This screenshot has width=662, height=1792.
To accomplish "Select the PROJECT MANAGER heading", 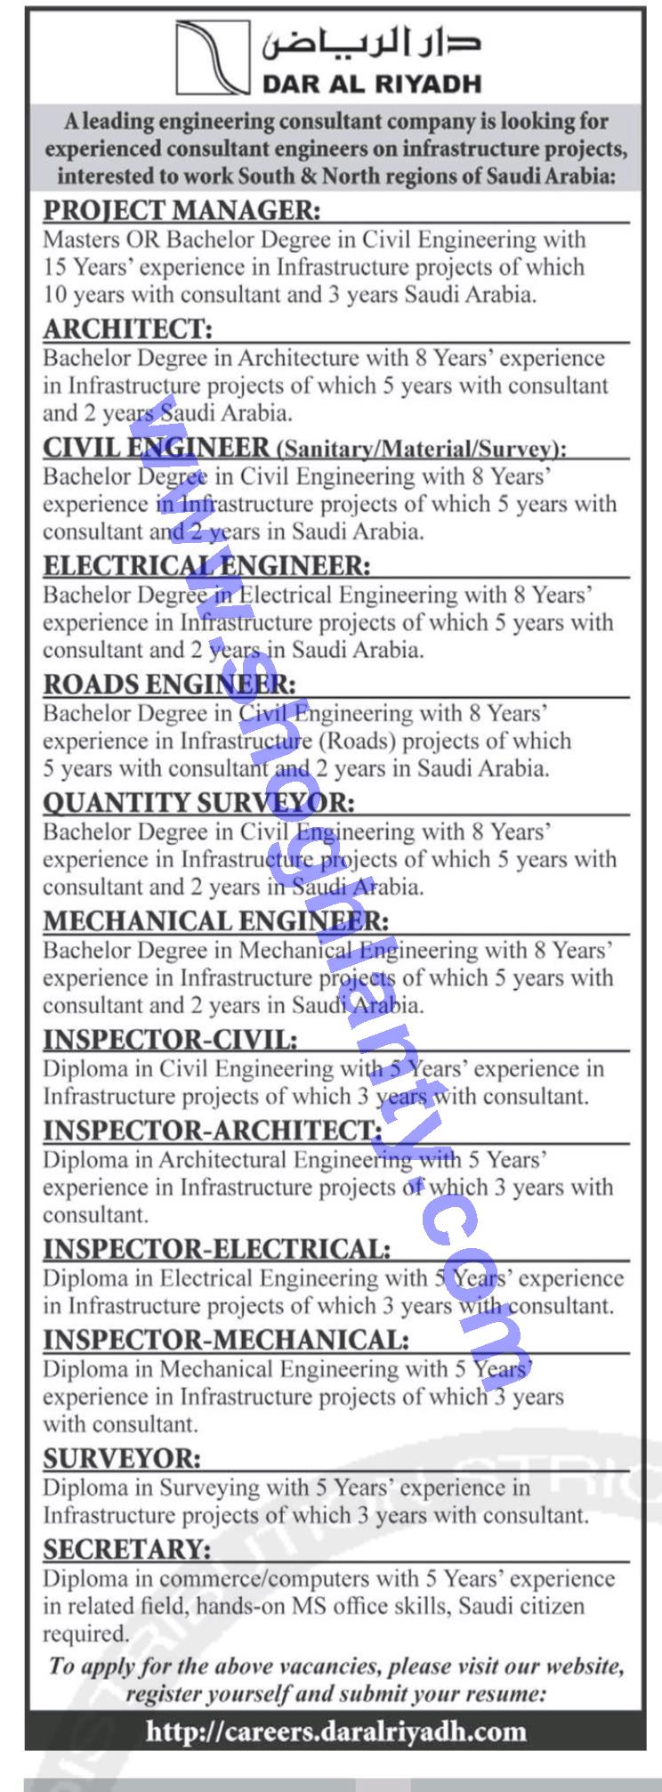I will point(181,211).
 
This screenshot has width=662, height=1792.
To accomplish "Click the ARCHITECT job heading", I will point(128,329).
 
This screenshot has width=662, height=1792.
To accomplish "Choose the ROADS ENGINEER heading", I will point(169,684).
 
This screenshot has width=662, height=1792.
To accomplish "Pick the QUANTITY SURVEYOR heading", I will point(198,802).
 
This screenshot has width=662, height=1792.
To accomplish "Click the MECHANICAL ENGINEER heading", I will point(216,920).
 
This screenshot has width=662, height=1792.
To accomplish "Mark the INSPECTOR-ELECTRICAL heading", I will point(217,1248).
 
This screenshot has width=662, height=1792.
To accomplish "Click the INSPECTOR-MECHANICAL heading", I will point(226,1339).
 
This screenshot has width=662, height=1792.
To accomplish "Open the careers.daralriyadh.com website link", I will point(335,1707).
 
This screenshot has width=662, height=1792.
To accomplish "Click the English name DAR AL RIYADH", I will point(371,84).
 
